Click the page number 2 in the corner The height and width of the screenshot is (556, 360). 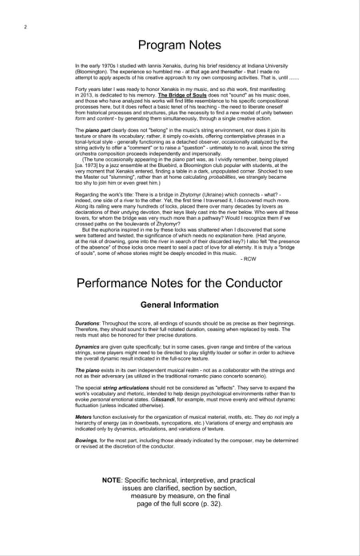click(26, 27)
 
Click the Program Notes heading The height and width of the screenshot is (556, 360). click(179, 45)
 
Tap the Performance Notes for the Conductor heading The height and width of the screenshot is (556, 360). click(179, 283)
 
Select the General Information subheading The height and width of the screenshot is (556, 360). click(179, 305)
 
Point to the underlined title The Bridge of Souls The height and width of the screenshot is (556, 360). click(182, 96)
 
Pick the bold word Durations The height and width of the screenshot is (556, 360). click(87, 323)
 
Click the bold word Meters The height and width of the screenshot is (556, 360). click(83, 417)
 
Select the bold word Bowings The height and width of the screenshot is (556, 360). click(86, 440)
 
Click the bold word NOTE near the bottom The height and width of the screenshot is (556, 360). click(111, 480)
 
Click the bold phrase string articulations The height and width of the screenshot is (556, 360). click(126, 388)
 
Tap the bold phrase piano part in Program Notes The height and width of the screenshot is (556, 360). click(98, 130)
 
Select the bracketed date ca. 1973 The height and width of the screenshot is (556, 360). click(87, 165)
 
